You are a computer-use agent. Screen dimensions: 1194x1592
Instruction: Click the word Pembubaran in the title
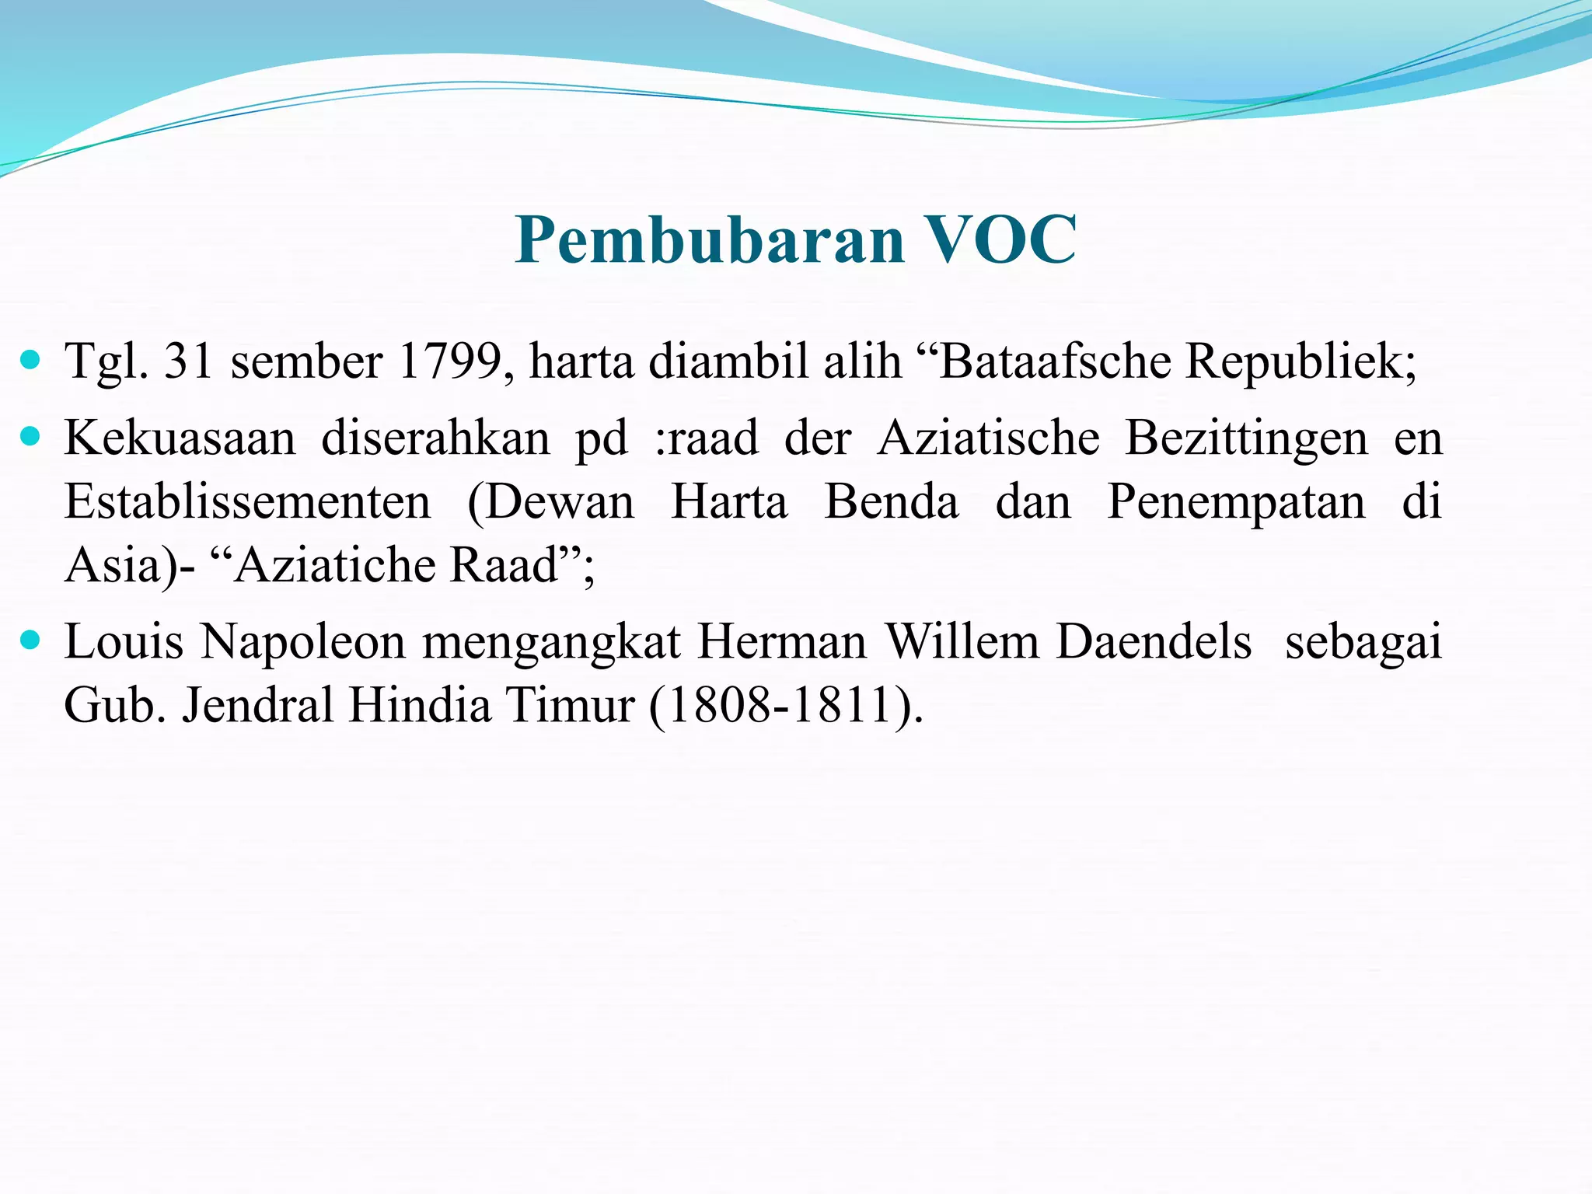click(710, 240)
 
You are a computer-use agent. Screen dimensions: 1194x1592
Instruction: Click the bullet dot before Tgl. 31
click(31, 361)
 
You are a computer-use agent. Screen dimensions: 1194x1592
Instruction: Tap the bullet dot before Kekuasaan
click(31, 438)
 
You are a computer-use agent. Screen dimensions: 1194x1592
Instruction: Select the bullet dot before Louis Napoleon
click(31, 641)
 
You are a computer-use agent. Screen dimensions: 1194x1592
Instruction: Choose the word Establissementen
click(247, 501)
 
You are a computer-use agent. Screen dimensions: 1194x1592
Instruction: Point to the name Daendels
click(1154, 642)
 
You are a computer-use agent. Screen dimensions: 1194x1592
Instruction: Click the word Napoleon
click(303, 644)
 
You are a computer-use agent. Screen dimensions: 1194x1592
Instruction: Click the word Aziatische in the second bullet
click(989, 438)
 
